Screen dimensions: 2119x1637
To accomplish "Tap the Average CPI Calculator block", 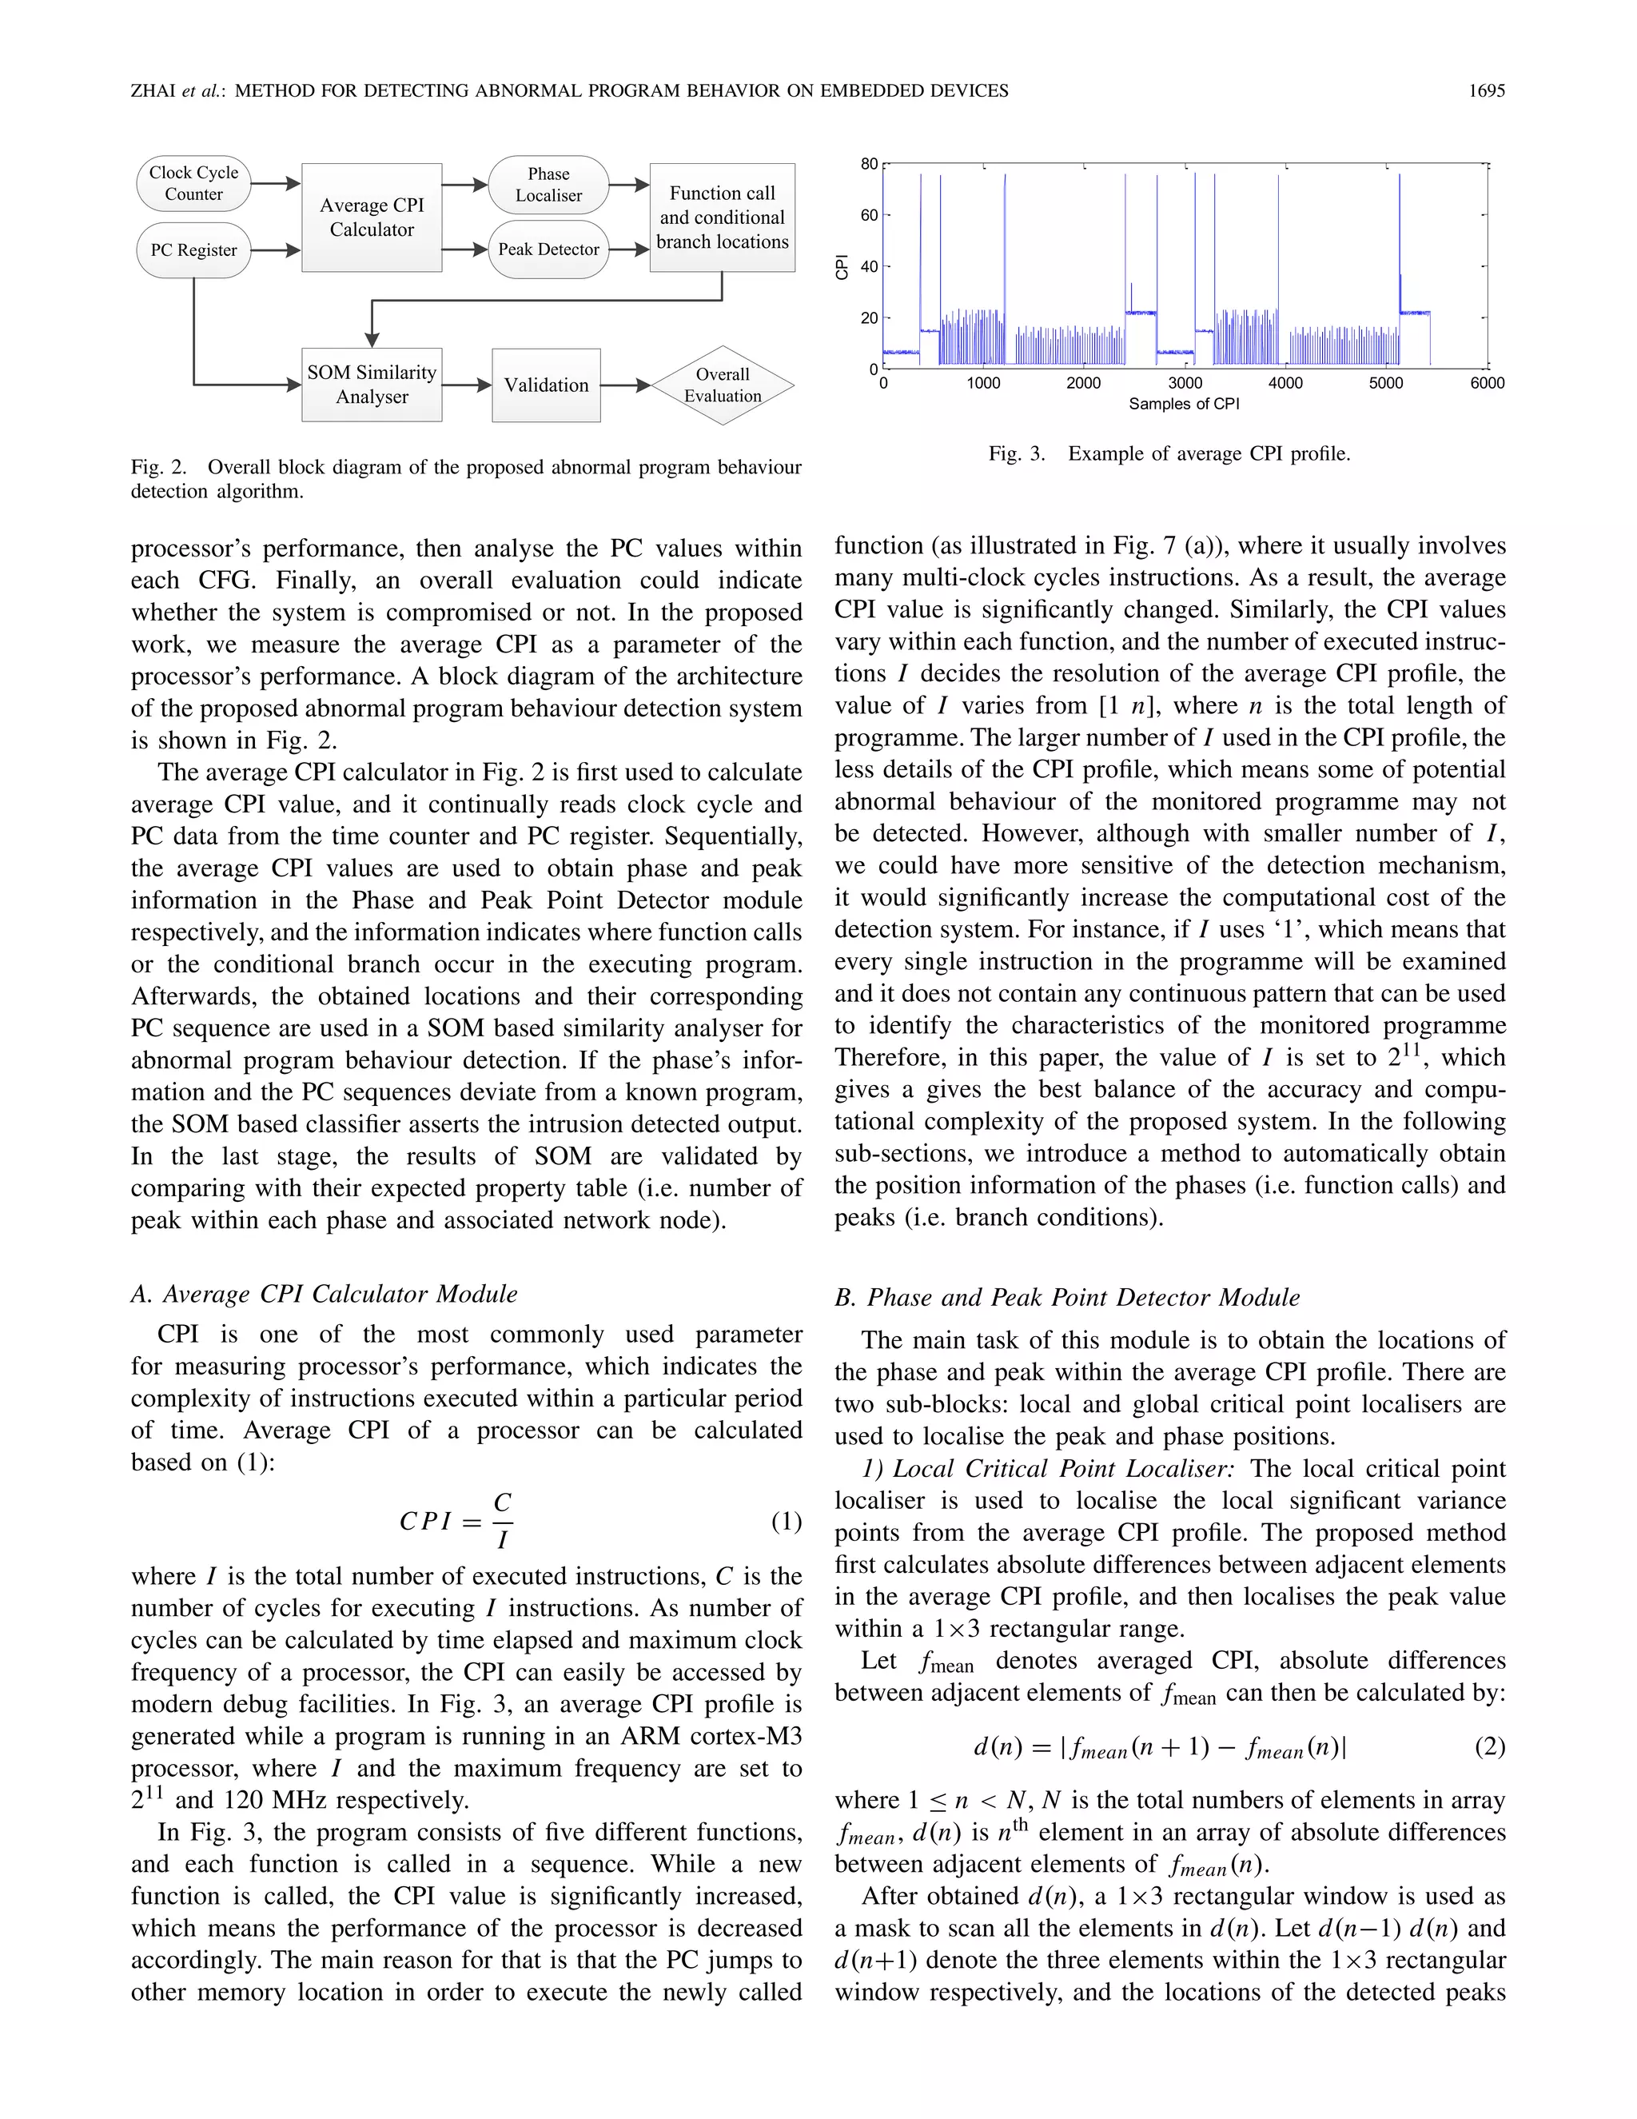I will click(x=372, y=217).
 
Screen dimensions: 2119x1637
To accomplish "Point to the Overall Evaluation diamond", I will click(x=723, y=385).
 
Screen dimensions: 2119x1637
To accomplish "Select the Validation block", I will click(x=546, y=385).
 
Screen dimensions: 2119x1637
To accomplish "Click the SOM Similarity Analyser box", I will click(x=372, y=385).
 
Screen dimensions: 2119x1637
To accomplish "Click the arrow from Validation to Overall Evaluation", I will click(x=626, y=385).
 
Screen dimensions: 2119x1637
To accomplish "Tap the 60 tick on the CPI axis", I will click(x=869, y=215).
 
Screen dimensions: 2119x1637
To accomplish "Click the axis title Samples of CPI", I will click(x=1183, y=404).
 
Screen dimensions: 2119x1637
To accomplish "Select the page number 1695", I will click(x=1486, y=91).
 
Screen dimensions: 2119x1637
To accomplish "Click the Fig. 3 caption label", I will click(x=1017, y=454).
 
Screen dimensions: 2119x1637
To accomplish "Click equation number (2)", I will click(x=1490, y=1746).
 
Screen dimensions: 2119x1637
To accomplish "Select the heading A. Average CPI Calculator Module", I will click(x=324, y=1295).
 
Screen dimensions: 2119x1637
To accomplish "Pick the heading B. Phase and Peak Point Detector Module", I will click(x=1067, y=1297).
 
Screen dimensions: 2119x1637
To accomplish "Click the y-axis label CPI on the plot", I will click(x=842, y=267).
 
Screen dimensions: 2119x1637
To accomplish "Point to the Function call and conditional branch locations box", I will click(x=723, y=217).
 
